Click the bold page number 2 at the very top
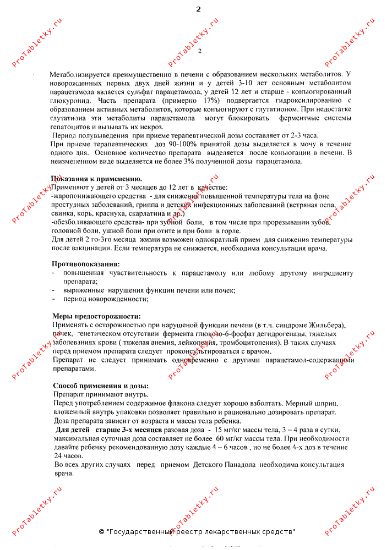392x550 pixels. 198,9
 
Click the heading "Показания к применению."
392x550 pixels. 96,179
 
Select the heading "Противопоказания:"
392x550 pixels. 85,264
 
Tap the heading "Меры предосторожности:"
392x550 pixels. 96,316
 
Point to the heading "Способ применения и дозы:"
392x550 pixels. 101,386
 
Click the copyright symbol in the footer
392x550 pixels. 101,532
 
